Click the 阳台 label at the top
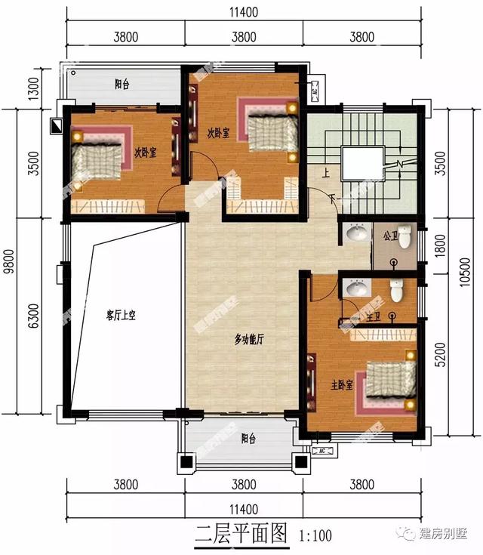pos(122,85)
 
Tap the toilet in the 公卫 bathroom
pos(405,237)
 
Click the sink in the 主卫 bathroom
pos(354,288)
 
